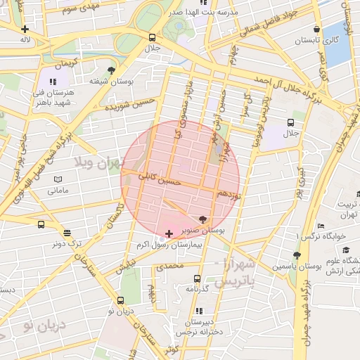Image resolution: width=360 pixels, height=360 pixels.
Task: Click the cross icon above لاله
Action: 25,29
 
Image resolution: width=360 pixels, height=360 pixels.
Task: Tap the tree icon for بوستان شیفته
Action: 111,70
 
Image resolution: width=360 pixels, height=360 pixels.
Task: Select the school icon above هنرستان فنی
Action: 53,82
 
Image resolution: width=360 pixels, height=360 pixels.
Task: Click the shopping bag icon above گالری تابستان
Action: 317,29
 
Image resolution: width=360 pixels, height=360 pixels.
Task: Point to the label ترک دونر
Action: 65,243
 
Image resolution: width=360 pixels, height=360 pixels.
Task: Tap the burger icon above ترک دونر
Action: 67,233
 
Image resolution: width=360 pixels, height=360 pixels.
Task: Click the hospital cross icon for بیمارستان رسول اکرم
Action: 168,233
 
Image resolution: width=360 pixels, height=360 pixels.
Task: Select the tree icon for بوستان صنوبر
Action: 203,219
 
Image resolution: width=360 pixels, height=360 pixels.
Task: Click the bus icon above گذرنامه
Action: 197,278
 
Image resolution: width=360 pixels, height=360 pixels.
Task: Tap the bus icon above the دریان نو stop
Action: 120,301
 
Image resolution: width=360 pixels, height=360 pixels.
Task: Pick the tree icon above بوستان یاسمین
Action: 297,256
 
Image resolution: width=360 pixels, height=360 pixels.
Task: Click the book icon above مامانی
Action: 58,180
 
